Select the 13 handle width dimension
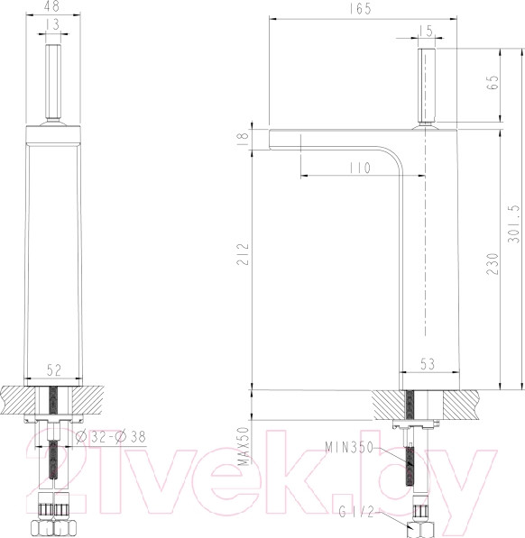click(x=56, y=24)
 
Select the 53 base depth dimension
click(x=426, y=364)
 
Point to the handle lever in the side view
click(x=425, y=86)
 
